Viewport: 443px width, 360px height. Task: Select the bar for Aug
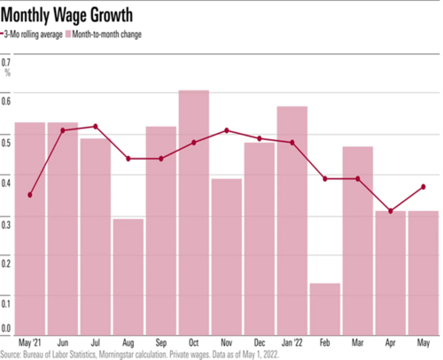(128, 275)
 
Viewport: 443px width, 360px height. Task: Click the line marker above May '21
(30, 195)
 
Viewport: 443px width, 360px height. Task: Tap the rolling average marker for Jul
(96, 127)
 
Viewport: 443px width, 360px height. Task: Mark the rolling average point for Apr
(390, 211)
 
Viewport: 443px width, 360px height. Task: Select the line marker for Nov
(227, 130)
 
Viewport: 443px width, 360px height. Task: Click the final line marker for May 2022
(423, 186)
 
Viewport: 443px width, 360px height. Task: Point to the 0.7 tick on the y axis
(6, 62)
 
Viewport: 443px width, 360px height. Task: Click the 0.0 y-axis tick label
(6, 327)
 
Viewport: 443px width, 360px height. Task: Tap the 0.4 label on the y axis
(6, 183)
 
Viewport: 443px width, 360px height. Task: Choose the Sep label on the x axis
(160, 341)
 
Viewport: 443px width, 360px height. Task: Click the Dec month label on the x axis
(259, 341)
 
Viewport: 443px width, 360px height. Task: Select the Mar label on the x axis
(357, 341)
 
